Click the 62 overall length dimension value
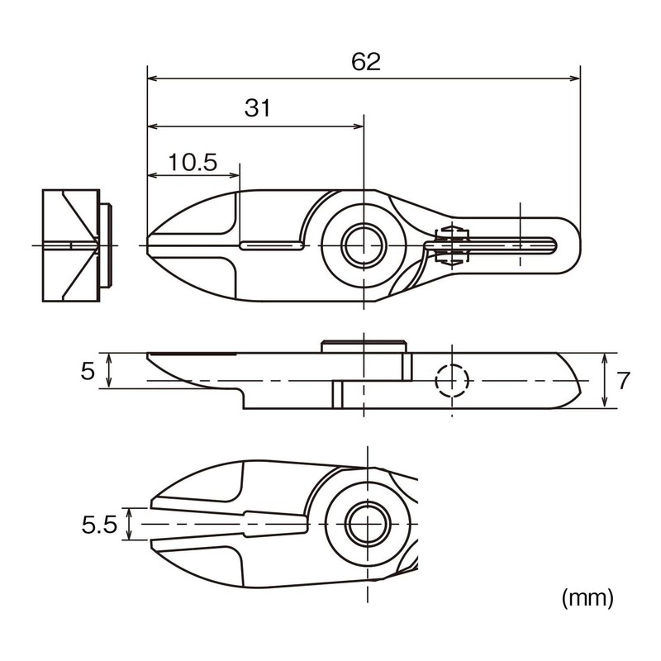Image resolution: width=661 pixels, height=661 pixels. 366,62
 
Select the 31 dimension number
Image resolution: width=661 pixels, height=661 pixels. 258,108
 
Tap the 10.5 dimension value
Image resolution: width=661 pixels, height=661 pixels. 193,162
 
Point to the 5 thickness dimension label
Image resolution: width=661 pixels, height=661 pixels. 88,371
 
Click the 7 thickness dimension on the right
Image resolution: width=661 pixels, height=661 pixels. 624,380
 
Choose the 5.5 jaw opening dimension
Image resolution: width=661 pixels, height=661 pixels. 99,525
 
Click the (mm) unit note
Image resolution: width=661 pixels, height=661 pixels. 587,597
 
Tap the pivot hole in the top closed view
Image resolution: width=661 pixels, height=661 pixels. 364,245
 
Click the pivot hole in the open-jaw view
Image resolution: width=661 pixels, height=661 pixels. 368,523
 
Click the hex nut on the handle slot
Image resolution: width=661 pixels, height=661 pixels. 452,245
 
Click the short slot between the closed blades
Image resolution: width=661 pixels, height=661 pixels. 272,245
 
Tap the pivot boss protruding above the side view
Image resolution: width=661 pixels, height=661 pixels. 364,346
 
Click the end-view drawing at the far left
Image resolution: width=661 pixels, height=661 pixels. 78,245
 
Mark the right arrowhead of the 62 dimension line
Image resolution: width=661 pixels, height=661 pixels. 575,78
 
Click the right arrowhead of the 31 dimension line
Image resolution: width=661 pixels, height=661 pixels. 359,126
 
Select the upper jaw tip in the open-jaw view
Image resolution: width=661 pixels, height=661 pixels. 152,503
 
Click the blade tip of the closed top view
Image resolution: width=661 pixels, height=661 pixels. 148,245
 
